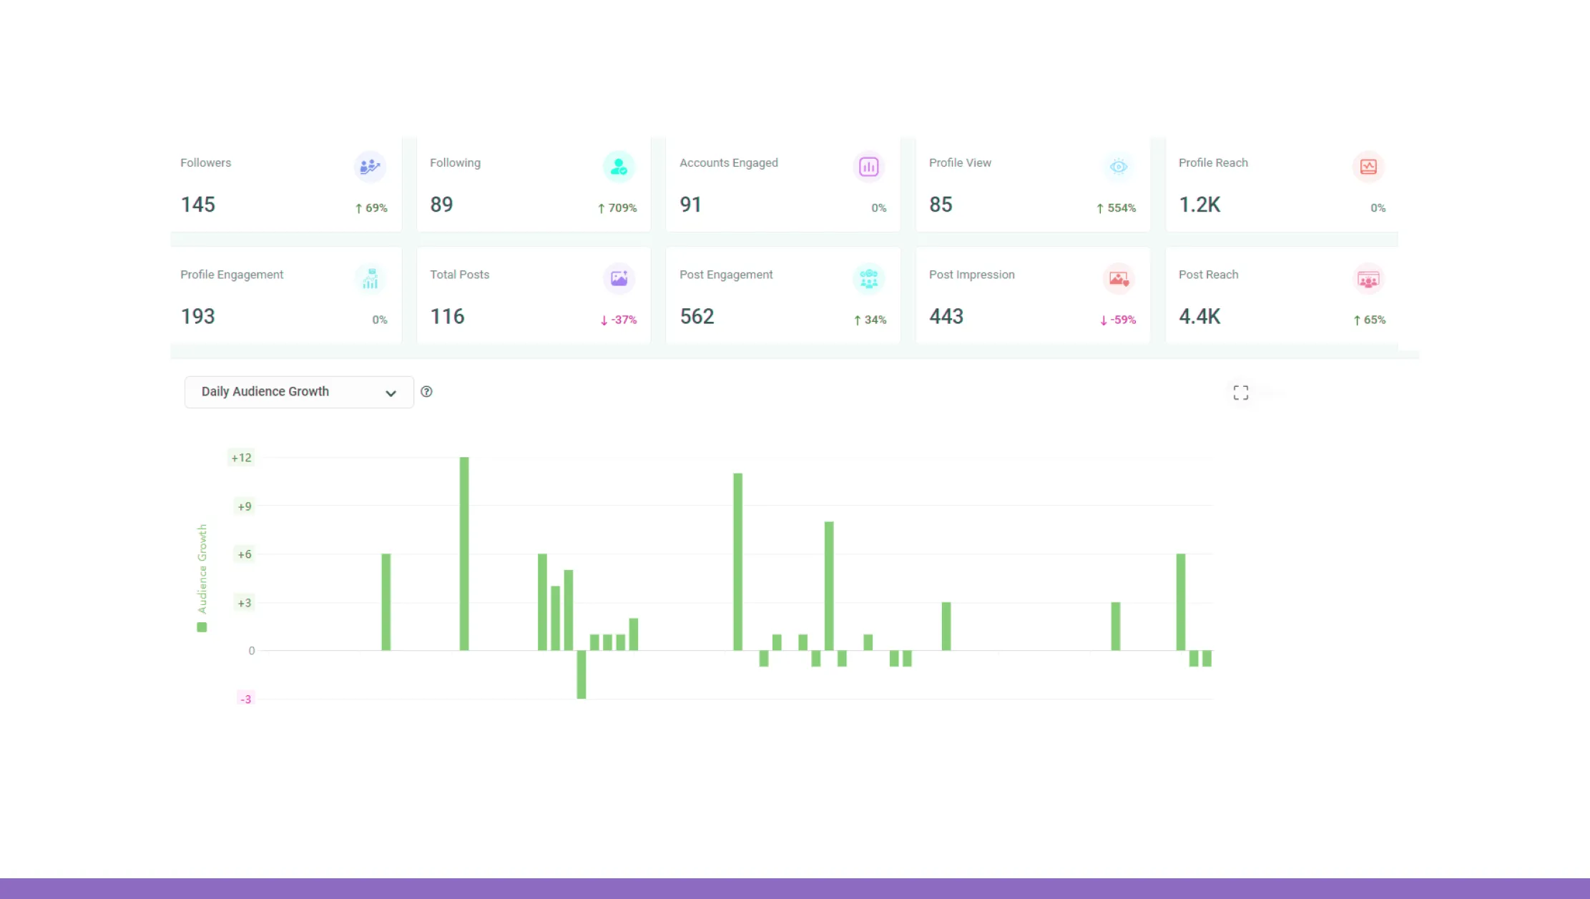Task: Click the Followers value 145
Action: coord(197,205)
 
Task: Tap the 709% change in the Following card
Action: coord(617,208)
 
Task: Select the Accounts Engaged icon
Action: coord(868,167)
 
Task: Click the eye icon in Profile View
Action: coord(1118,167)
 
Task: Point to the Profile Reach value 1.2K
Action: coord(1199,205)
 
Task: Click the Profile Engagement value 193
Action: coord(197,316)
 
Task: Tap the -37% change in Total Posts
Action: coord(619,320)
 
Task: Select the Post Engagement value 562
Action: coord(697,316)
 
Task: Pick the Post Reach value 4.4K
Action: coord(1199,316)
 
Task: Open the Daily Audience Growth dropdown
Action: coord(299,392)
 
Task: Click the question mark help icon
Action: coord(426,392)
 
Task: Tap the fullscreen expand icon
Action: coord(1241,393)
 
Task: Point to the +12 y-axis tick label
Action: coord(241,458)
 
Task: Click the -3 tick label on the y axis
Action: coord(245,699)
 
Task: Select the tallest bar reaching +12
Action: coord(464,554)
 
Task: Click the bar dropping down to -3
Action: coord(581,674)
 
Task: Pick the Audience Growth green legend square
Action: coord(202,627)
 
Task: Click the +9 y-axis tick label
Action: coord(244,506)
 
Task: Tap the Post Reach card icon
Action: coord(1368,279)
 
